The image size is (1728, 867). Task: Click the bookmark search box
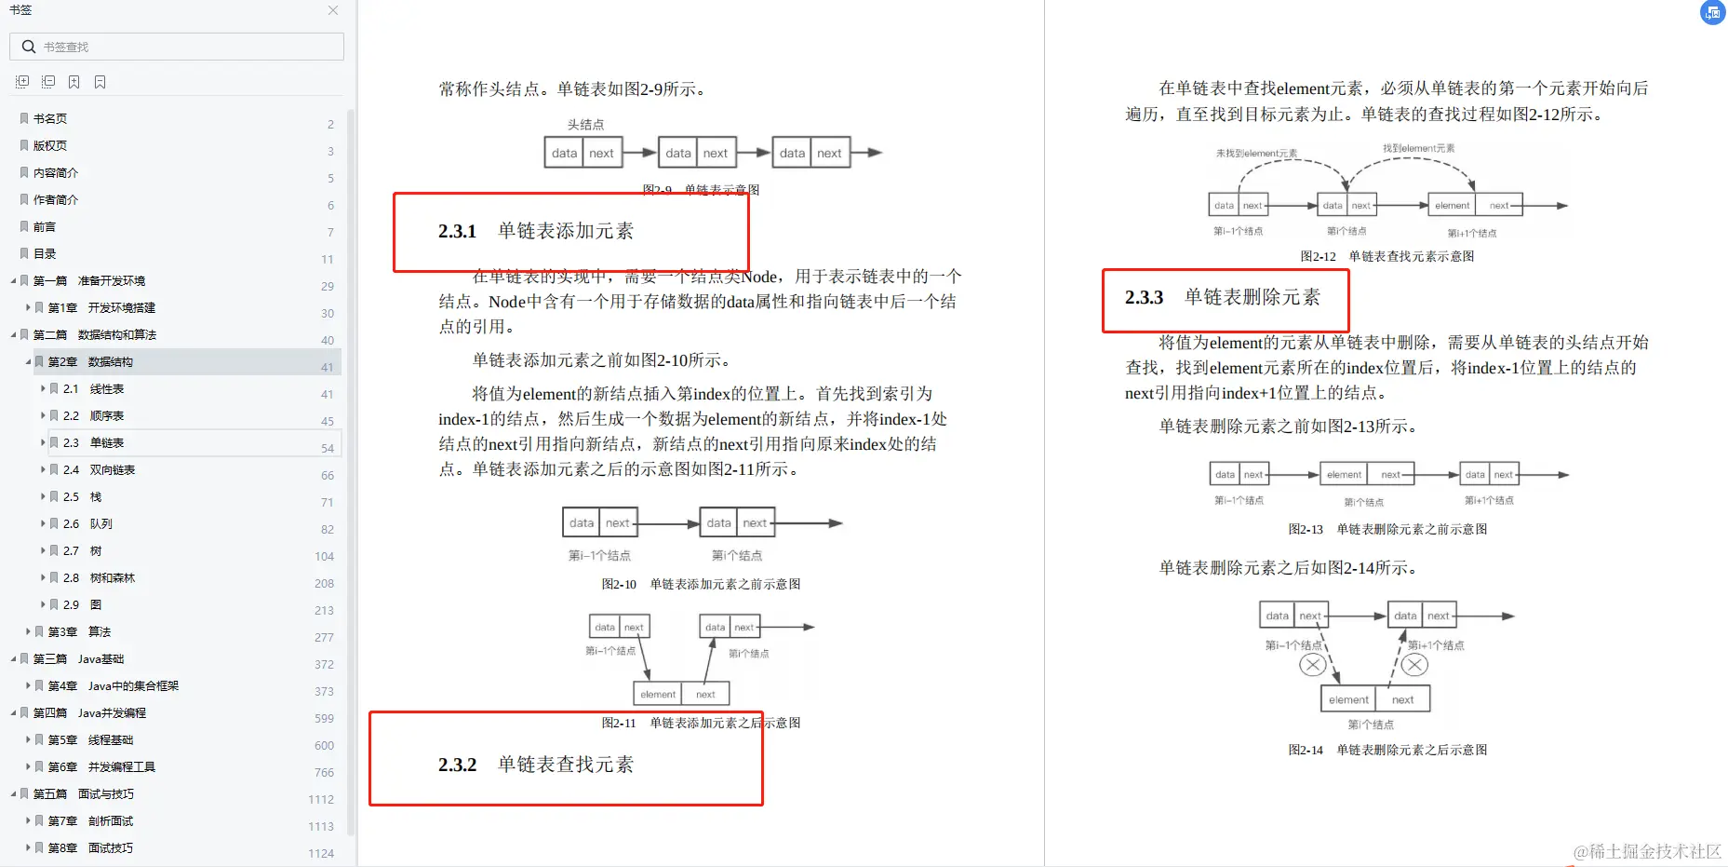click(177, 47)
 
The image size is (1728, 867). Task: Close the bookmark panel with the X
click(333, 10)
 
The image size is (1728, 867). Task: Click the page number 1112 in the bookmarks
click(321, 800)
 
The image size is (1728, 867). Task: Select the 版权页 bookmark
click(50, 146)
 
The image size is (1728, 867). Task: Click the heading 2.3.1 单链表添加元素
click(536, 231)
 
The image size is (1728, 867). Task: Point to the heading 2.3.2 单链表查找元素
click(536, 765)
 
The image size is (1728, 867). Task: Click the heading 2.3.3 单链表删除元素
click(1222, 297)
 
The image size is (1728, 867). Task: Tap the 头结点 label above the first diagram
click(585, 125)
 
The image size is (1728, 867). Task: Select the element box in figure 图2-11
click(658, 694)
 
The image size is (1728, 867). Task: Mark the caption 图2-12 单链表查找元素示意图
click(1386, 257)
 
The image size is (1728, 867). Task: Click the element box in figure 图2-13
click(1344, 475)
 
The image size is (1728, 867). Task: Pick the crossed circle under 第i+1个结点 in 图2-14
click(1414, 665)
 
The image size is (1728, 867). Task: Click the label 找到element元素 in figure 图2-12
click(1418, 148)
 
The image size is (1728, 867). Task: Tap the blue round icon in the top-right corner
click(1712, 12)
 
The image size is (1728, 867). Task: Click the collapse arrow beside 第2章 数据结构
click(28, 361)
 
